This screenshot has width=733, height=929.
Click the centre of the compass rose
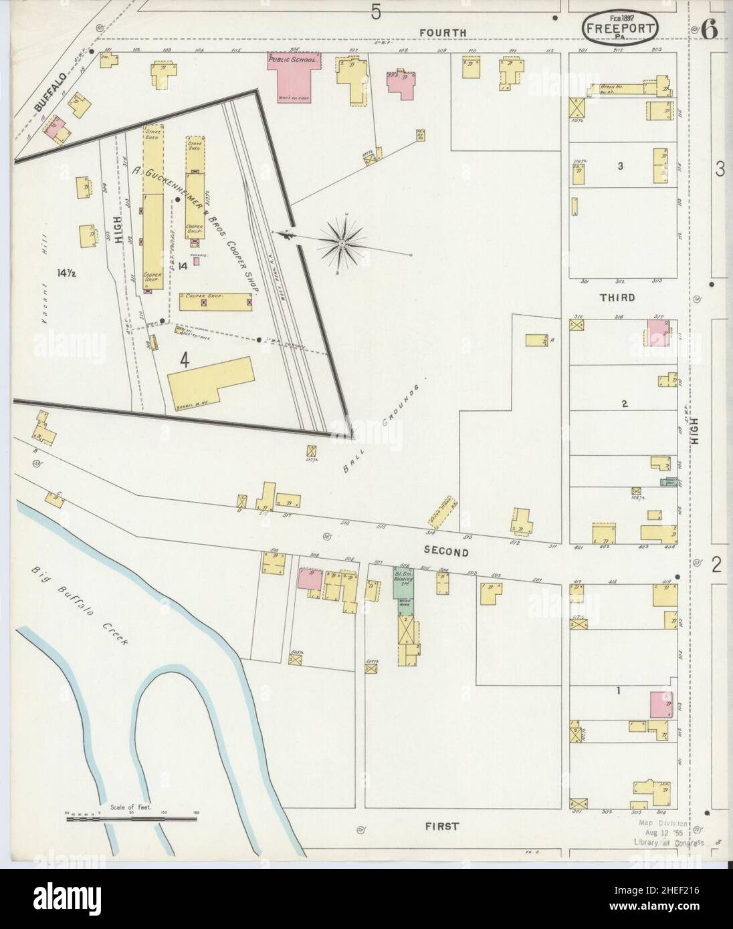pyautogui.click(x=342, y=243)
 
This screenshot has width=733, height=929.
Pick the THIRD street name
pyautogui.click(x=618, y=297)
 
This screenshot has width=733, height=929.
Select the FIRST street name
pyautogui.click(x=442, y=827)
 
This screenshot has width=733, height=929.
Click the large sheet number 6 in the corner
pyautogui.click(x=709, y=29)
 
